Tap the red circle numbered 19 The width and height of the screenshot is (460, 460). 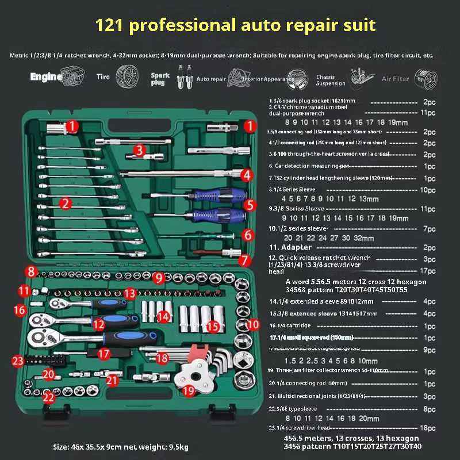[189, 392]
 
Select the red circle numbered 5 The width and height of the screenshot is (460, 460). [248, 205]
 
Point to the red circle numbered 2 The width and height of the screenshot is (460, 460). [66, 202]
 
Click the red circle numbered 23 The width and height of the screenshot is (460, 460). [18, 361]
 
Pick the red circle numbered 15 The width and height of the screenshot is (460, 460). [213, 327]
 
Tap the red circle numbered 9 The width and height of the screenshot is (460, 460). [159, 278]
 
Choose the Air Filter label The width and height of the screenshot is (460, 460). [396, 79]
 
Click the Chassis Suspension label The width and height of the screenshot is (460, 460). [331, 79]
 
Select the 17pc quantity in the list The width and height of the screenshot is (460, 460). [429, 270]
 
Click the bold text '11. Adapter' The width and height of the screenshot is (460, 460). [291, 247]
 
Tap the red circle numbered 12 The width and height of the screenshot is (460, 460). [99, 325]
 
